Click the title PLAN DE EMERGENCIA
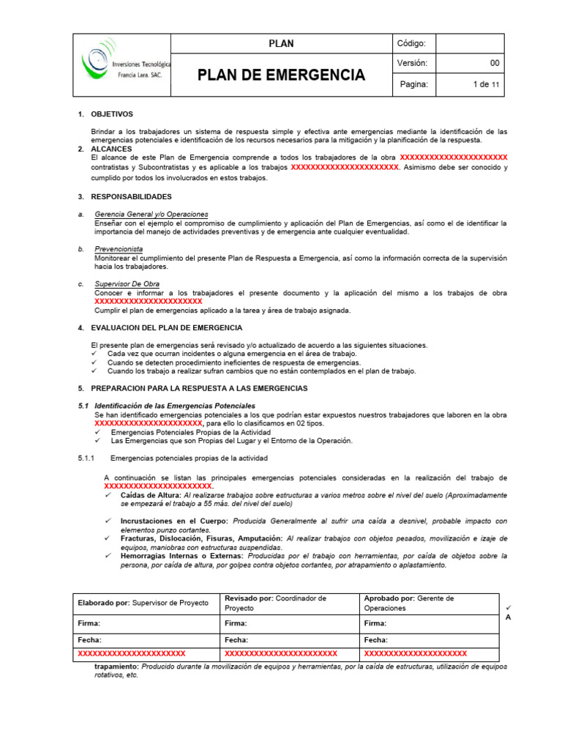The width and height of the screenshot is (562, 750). pyautogui.click(x=282, y=75)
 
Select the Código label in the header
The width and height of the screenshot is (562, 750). pyautogui.click(x=416, y=43)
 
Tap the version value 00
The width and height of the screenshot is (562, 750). pyautogui.click(x=495, y=64)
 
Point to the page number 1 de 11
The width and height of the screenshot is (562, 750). pyautogui.click(x=487, y=85)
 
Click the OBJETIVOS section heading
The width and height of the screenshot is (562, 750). pyautogui.click(x=112, y=114)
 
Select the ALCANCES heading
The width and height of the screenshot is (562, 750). pyautogui.click(x=111, y=149)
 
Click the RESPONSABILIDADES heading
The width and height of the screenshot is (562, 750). pyautogui.click(x=131, y=196)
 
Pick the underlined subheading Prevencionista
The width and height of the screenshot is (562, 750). pyautogui.click(x=119, y=249)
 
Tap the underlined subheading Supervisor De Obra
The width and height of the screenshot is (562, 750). pyautogui.click(x=127, y=283)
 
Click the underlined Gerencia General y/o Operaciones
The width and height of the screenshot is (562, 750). pyautogui.click(x=151, y=214)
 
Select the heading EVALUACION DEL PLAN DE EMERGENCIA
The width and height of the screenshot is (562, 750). pyautogui.click(x=166, y=327)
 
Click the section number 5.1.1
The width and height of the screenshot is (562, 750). pyautogui.click(x=89, y=458)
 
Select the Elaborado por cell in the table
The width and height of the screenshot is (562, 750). pyautogui.click(x=143, y=603)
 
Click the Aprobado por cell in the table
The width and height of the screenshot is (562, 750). pyautogui.click(x=428, y=603)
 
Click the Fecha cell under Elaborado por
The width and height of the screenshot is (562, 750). pyautogui.click(x=143, y=639)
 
